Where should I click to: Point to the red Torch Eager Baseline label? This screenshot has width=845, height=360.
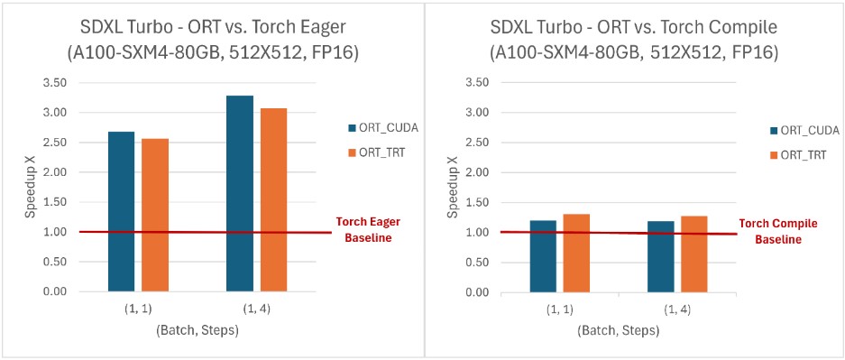point(367,229)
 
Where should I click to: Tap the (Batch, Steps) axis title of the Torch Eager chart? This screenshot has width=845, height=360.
point(196,331)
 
